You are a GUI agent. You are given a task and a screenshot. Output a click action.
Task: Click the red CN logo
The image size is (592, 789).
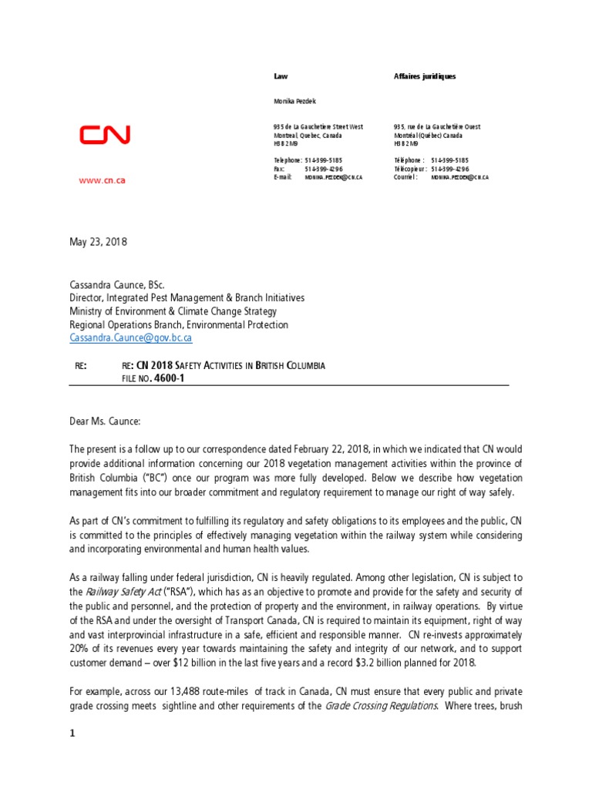(105, 136)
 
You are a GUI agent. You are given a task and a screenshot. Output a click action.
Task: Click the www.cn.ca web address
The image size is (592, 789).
(103, 180)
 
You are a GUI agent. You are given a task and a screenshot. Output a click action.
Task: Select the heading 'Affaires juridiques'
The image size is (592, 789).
(424, 76)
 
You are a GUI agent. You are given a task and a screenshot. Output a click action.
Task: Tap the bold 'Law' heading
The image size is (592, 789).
(280, 76)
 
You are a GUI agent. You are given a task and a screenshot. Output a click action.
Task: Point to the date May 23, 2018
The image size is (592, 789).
(98, 242)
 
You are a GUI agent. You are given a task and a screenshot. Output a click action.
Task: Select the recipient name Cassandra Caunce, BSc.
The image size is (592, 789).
(117, 284)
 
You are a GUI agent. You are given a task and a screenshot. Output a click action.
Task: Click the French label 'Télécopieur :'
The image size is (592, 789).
(410, 169)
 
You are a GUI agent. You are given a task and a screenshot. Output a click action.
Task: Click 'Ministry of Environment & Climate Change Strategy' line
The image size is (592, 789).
(173, 311)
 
